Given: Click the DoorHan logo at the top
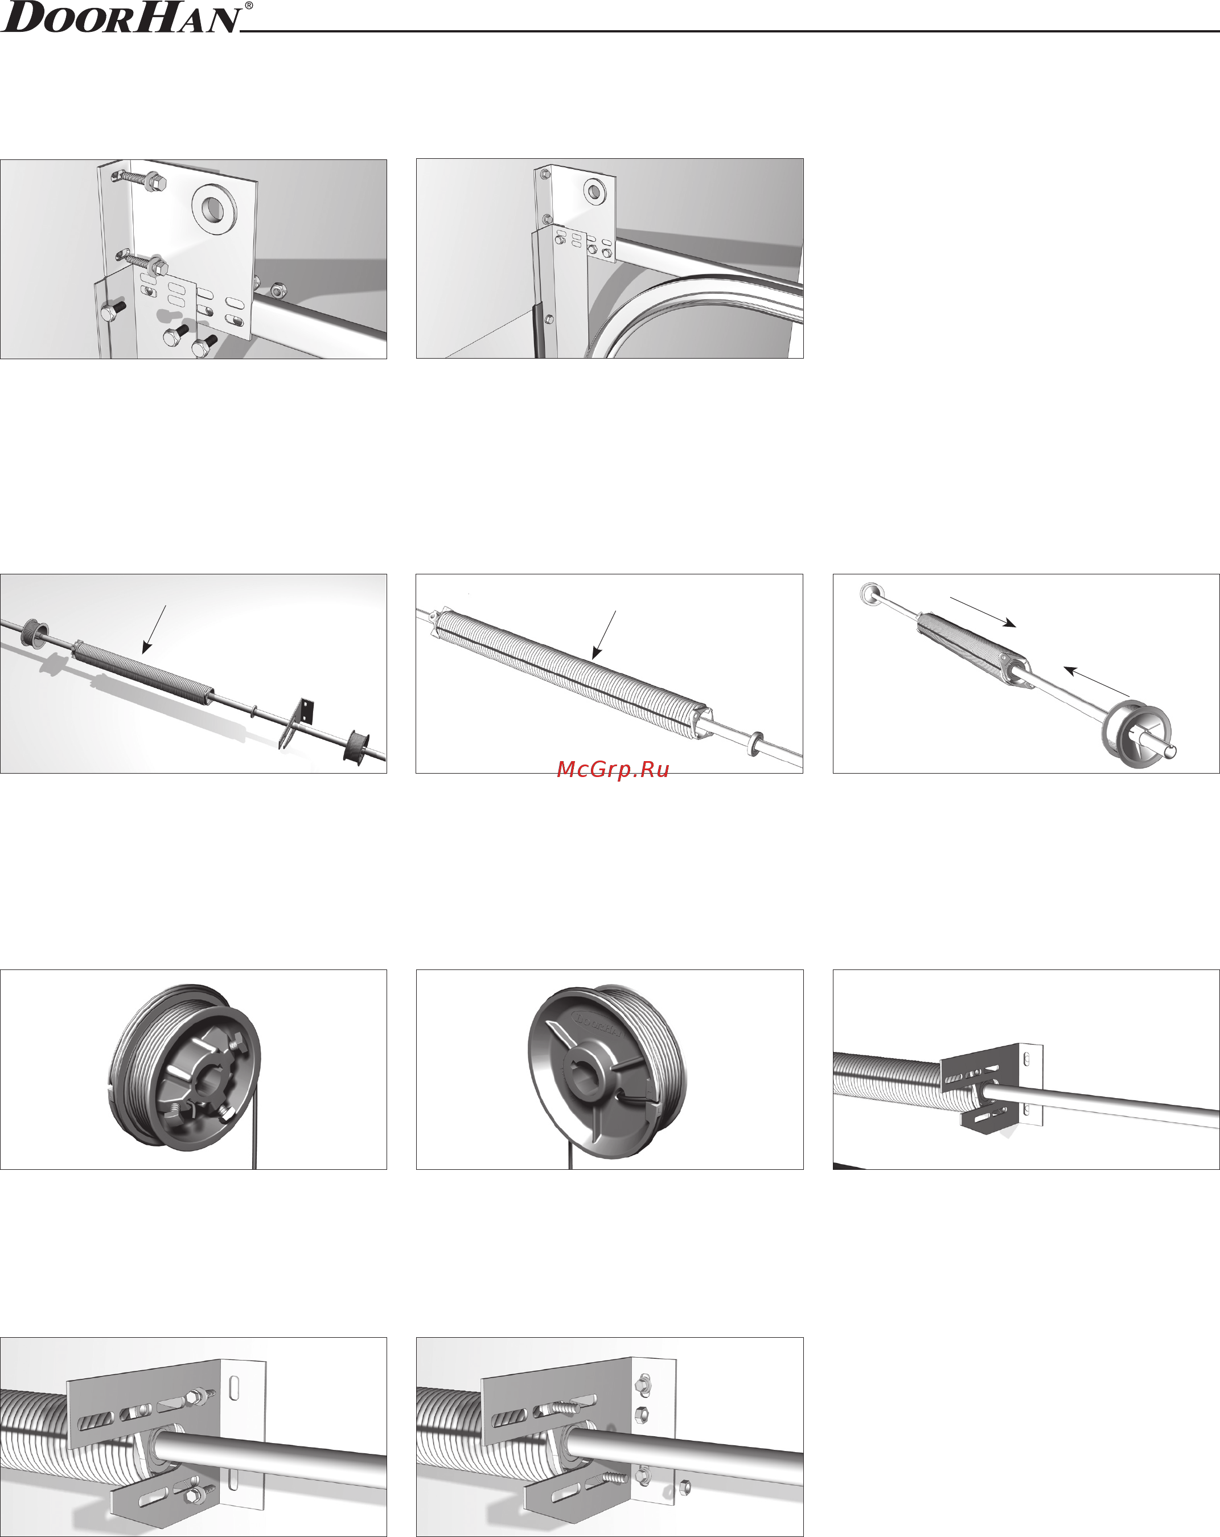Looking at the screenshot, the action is pyautogui.click(x=121, y=18).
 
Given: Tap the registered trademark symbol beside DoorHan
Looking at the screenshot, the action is pyautogui.click(x=248, y=6).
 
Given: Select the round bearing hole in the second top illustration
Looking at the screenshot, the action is pyautogui.click(x=593, y=190).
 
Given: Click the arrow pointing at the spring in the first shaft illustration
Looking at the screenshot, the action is pyautogui.click(x=154, y=630).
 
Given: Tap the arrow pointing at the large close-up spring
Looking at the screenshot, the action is pyautogui.click(x=604, y=634).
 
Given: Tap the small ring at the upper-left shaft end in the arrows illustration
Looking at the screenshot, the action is pyautogui.click(x=870, y=593).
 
